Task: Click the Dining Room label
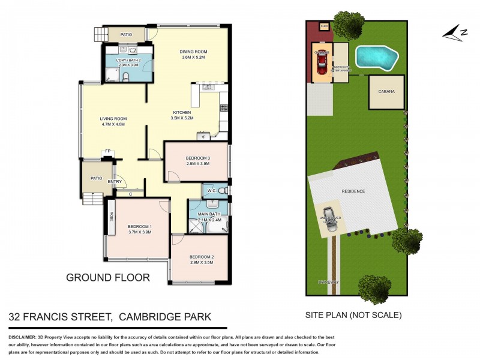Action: click(x=193, y=52)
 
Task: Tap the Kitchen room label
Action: click(x=182, y=113)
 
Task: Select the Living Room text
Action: click(x=113, y=119)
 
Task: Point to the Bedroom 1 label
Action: click(x=139, y=226)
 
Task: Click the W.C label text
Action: click(x=211, y=191)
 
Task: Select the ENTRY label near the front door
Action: click(x=115, y=182)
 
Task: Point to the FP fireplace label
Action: click(x=108, y=151)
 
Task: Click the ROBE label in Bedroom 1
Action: click(x=112, y=215)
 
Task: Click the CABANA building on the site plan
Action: click(x=386, y=92)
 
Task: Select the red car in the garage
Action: click(x=323, y=60)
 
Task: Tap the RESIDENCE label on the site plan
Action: click(x=353, y=191)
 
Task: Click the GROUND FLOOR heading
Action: click(x=107, y=278)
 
